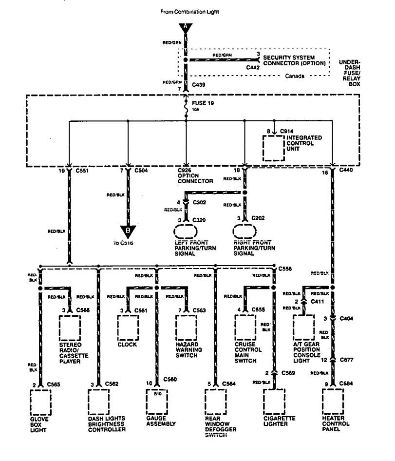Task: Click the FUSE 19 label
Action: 203,104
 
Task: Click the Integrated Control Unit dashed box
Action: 274,148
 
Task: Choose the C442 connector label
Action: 253,67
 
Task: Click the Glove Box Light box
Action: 40,401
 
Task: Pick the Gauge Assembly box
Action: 157,401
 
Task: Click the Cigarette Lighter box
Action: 274,401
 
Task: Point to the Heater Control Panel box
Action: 333,401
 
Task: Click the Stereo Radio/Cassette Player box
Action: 69,327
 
